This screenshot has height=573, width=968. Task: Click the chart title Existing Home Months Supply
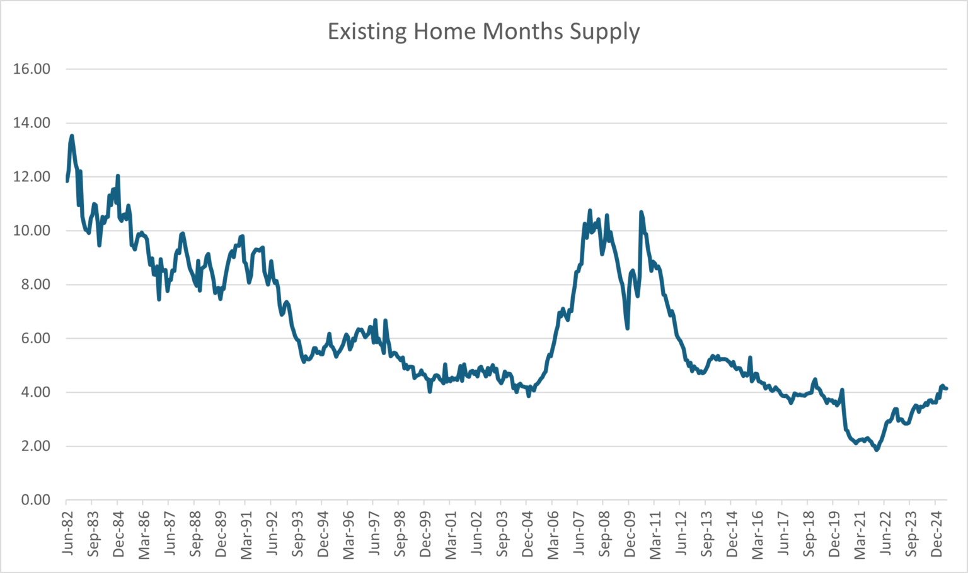coord(483,31)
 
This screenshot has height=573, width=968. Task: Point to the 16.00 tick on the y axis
coord(32,69)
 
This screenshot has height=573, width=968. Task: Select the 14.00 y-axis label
coord(32,123)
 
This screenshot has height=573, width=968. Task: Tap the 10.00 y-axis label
coord(32,230)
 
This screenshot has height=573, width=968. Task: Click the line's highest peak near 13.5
coord(72,135)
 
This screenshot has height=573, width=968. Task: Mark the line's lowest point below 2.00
coord(877,450)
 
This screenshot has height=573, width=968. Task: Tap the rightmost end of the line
coord(947,389)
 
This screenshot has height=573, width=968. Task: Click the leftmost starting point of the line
coord(67,181)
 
